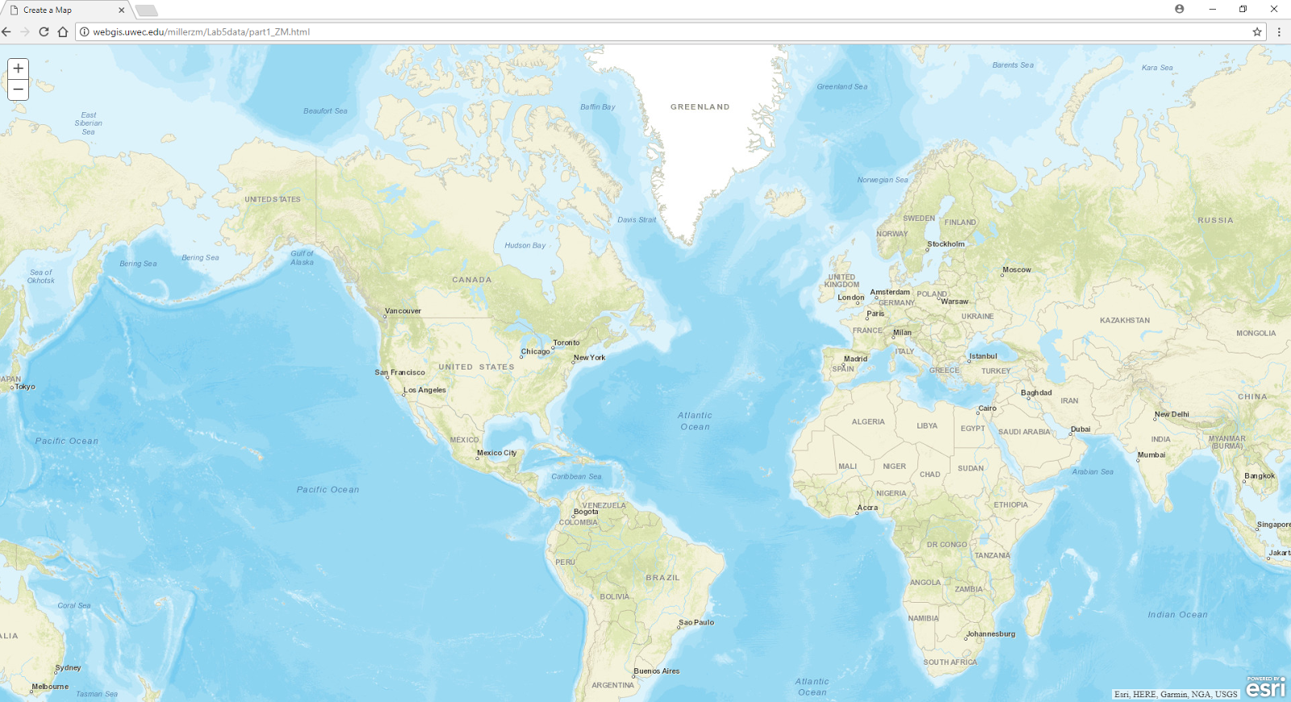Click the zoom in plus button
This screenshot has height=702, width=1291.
point(18,69)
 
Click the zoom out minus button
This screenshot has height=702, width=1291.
point(18,90)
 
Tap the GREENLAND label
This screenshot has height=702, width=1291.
point(700,107)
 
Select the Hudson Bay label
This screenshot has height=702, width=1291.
point(525,245)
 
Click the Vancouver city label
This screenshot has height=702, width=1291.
point(403,311)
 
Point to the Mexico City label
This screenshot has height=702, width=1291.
point(496,453)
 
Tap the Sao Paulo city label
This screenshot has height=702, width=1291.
point(696,622)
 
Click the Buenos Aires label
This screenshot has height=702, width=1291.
point(657,671)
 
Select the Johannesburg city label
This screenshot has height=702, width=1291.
point(991,633)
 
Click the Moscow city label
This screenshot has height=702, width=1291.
point(1017,270)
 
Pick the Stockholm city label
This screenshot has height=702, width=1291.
point(946,244)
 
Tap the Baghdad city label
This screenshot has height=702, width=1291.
point(1036,393)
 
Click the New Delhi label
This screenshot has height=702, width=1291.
point(1172,414)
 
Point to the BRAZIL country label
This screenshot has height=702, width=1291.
point(662,578)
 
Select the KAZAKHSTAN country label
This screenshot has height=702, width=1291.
point(1125,320)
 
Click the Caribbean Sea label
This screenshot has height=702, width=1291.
point(576,476)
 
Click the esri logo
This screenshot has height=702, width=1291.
point(1265,687)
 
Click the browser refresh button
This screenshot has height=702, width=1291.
point(44,32)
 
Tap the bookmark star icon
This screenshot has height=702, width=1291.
point(1257,32)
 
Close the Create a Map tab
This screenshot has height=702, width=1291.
point(121,10)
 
